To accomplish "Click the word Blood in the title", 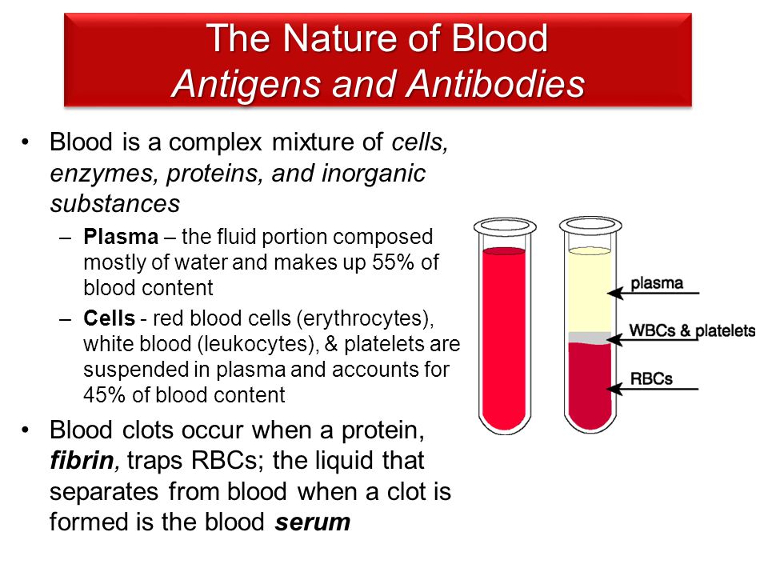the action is [x=499, y=38].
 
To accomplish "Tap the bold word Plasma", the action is [x=121, y=237].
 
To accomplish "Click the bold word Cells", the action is [x=110, y=318].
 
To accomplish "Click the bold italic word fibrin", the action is [x=82, y=461].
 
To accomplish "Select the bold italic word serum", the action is [x=313, y=522].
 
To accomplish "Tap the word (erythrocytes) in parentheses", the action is [x=365, y=319].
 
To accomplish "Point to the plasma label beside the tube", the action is [x=656, y=283].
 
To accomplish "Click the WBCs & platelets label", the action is [x=692, y=330].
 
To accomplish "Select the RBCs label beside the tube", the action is [x=651, y=378].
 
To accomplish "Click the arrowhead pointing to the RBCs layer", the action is [x=614, y=389].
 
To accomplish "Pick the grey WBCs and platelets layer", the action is [x=590, y=338].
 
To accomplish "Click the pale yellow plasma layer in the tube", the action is [x=590, y=291].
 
